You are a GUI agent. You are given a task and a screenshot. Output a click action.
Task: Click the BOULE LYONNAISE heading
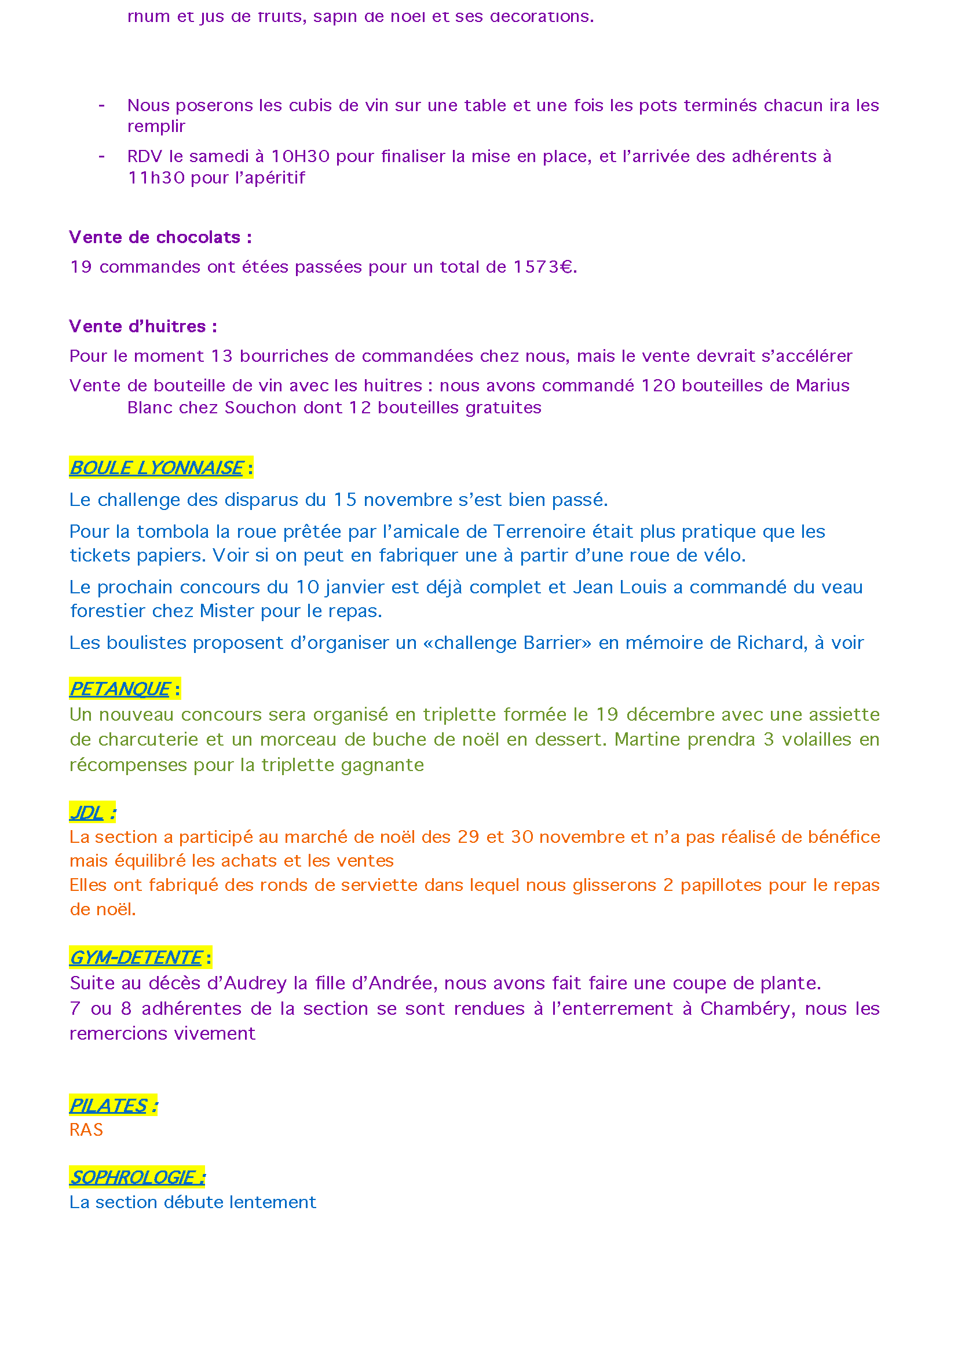click(x=156, y=468)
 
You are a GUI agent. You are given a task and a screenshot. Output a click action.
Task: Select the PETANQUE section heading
click(x=120, y=688)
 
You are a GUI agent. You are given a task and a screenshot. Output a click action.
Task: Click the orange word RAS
click(x=86, y=1129)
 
